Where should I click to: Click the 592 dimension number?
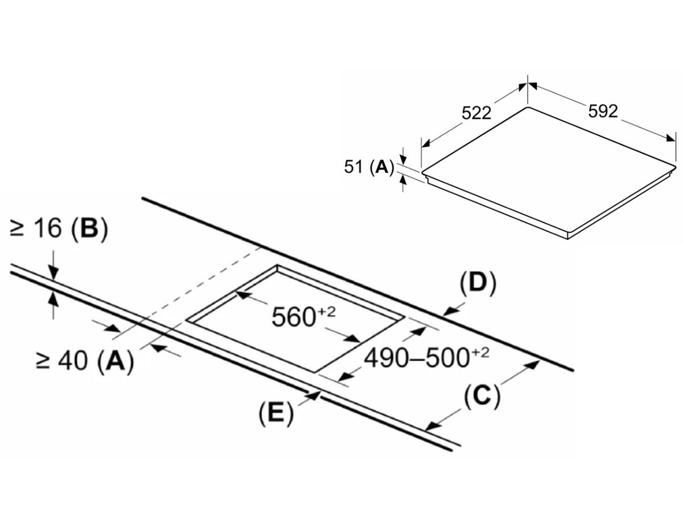(x=603, y=112)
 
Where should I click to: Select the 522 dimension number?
(x=476, y=113)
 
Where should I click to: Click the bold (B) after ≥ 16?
(x=89, y=230)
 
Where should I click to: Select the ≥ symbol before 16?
(x=17, y=230)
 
